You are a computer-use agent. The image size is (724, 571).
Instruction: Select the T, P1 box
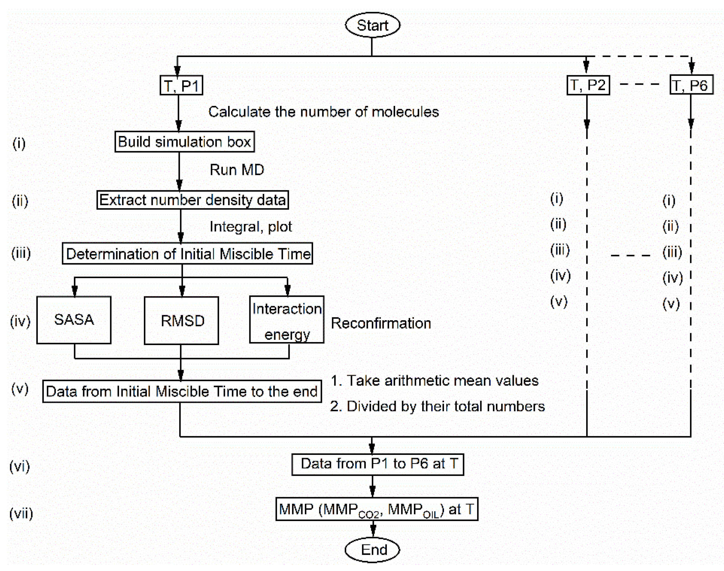pos(181,86)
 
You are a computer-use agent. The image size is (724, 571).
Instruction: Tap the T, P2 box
pos(588,85)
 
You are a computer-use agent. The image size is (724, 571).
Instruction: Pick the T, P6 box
pos(691,85)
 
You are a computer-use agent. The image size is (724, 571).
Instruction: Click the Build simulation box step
pos(184,142)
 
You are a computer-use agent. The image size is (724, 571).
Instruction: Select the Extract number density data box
pos(192,200)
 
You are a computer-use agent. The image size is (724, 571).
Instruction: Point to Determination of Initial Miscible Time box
pos(187,254)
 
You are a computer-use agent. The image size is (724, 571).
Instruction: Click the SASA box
pos(74,320)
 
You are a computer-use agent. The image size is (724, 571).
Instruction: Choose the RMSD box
pos(181,321)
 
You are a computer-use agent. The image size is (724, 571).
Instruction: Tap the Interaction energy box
pos(287,320)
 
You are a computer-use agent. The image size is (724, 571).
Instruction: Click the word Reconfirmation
pos(381,323)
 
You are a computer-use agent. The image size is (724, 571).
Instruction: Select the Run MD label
pos(237,170)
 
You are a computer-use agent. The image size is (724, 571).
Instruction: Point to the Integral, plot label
pos(251,227)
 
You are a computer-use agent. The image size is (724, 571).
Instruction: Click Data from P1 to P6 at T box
pos(377,464)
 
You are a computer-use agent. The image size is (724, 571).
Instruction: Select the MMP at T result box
pos(377,509)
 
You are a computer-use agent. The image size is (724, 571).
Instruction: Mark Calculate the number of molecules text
pos(323,112)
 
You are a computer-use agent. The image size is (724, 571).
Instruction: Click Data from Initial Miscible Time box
pos(182,391)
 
